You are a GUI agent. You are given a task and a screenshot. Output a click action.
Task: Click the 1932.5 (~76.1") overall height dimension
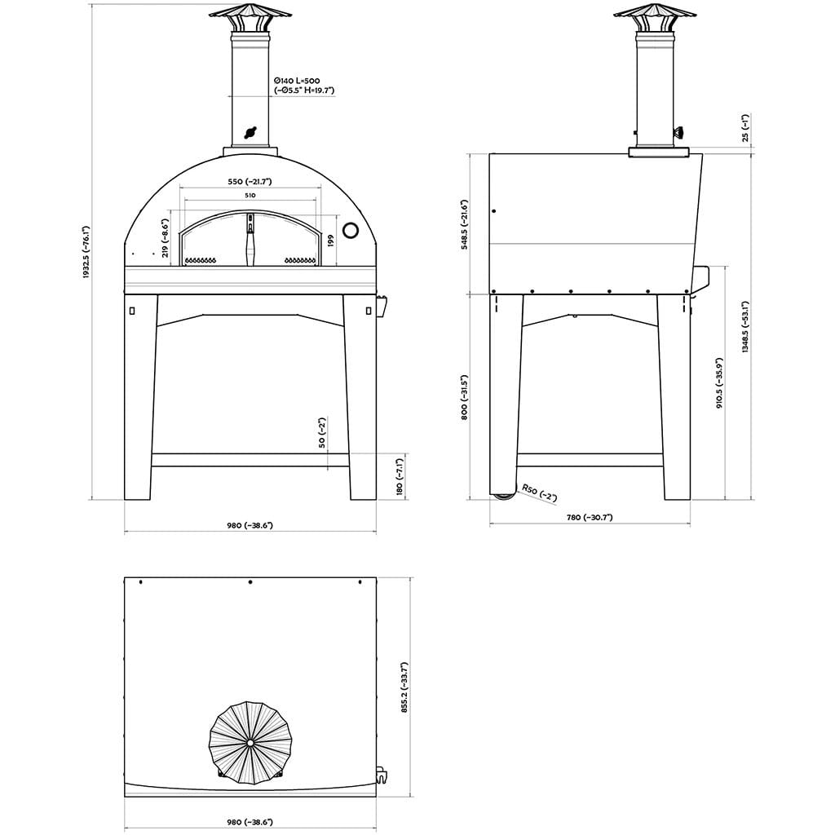[85, 253]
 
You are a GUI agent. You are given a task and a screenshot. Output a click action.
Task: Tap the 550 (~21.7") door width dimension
[250, 181]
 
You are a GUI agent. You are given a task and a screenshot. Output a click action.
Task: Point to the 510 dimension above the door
[250, 197]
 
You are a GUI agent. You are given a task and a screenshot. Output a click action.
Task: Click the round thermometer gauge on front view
[351, 231]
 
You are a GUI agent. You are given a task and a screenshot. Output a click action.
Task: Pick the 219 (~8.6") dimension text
[166, 237]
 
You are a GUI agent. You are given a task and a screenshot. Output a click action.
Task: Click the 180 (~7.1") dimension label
[400, 477]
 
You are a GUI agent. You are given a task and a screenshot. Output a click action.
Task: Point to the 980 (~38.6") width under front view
[250, 526]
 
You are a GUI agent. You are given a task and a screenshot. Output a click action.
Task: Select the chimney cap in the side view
[655, 16]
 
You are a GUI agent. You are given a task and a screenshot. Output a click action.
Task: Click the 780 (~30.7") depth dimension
[589, 517]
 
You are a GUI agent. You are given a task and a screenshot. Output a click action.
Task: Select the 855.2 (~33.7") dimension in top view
[404, 687]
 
